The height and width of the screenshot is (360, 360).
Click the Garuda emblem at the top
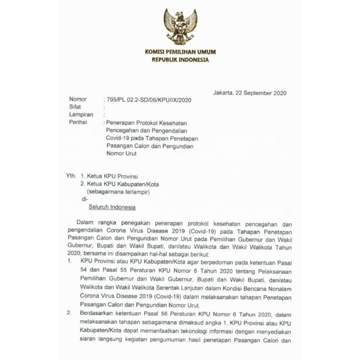pos(180,26)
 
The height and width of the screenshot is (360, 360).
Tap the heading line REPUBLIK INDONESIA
pos(180,59)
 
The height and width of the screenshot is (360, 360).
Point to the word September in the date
pos(257,92)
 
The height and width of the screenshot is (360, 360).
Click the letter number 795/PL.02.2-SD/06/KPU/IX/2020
pos(149,99)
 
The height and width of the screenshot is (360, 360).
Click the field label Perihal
pos(79,122)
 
